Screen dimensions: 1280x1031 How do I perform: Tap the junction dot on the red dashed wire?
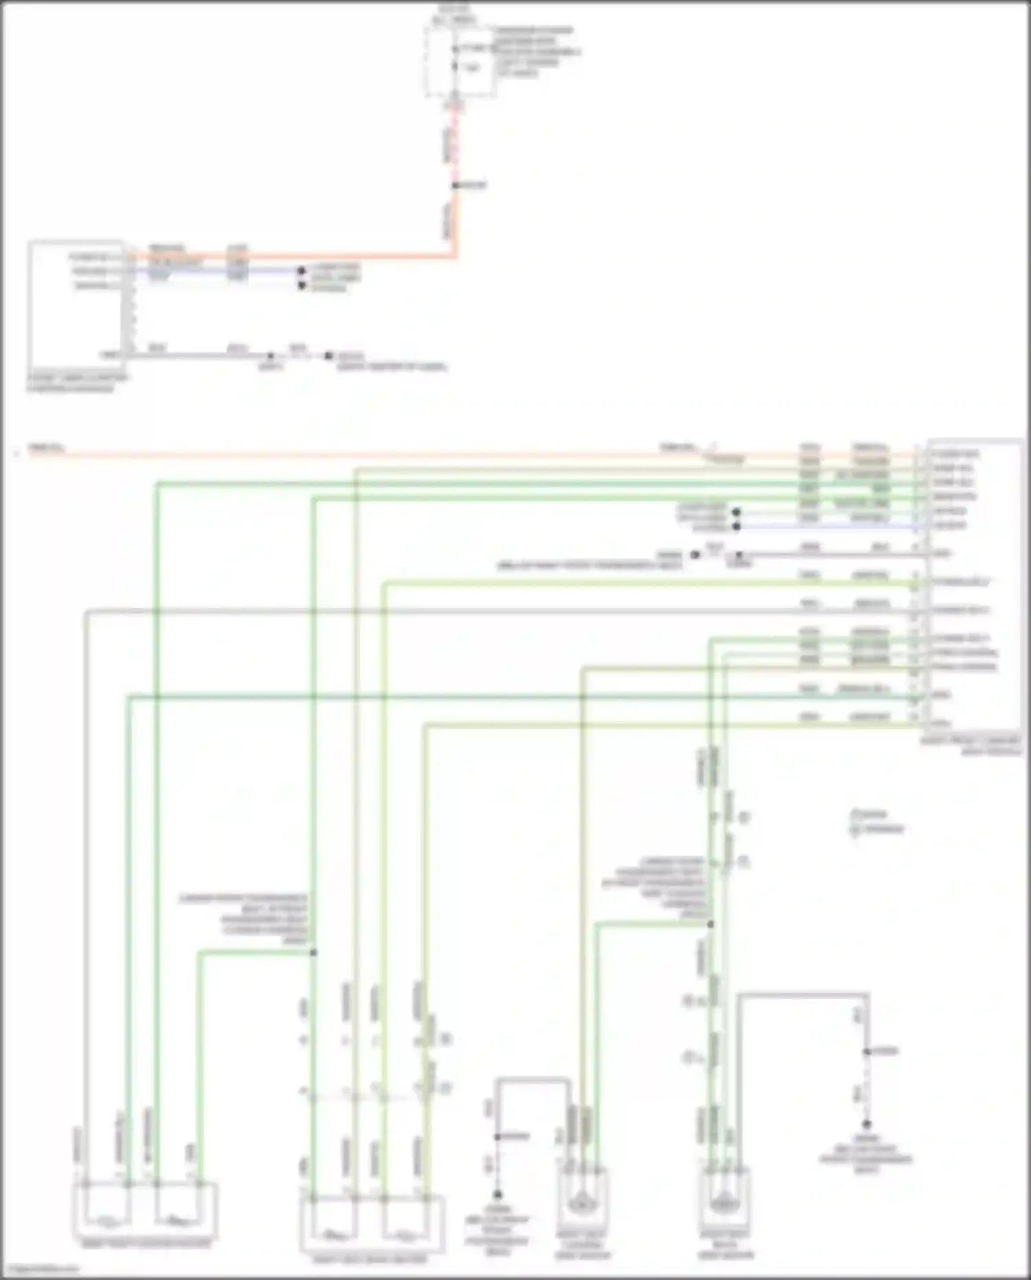point(455,186)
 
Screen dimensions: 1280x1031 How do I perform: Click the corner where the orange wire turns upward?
point(455,257)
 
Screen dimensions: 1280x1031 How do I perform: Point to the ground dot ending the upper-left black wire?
point(329,356)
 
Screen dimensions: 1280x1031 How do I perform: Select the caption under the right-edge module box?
point(971,746)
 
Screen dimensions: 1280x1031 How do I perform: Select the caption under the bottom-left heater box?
point(146,1244)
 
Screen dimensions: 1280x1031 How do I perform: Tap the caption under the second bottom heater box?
point(370,1259)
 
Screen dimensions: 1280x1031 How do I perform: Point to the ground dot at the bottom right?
point(867,1124)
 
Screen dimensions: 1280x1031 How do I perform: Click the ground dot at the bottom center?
point(497,1195)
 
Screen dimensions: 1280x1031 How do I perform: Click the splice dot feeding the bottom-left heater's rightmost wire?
point(313,953)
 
